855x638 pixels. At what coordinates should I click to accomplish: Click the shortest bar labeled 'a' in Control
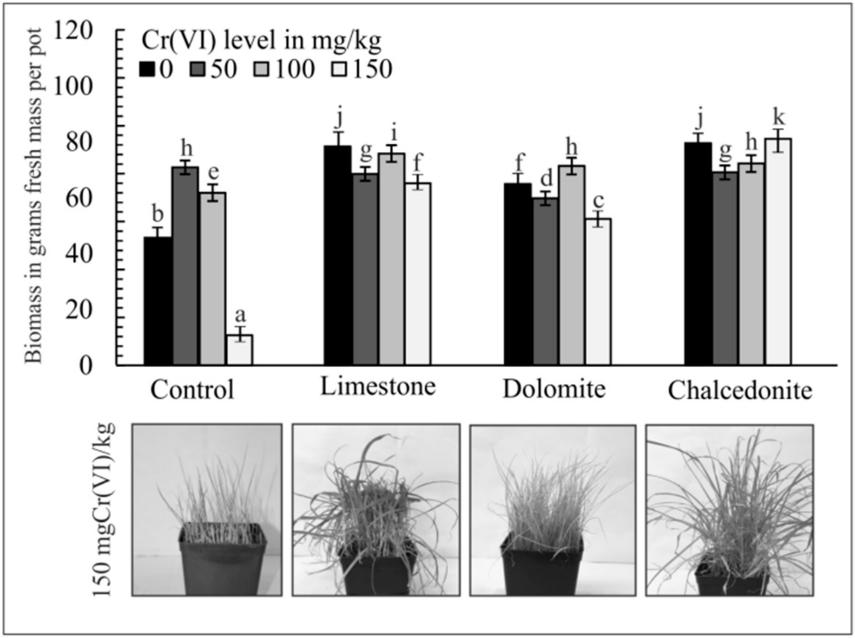[x=240, y=349]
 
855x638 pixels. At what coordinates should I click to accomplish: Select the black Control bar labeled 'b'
[x=158, y=301]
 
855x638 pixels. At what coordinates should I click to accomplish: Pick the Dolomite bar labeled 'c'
[x=598, y=291]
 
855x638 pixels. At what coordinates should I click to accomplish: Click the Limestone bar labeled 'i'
[x=392, y=259]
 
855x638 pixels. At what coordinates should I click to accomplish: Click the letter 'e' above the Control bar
[x=213, y=173]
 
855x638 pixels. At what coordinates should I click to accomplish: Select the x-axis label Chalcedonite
[x=740, y=391]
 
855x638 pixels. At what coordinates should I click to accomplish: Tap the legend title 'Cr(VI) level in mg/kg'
[x=261, y=41]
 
